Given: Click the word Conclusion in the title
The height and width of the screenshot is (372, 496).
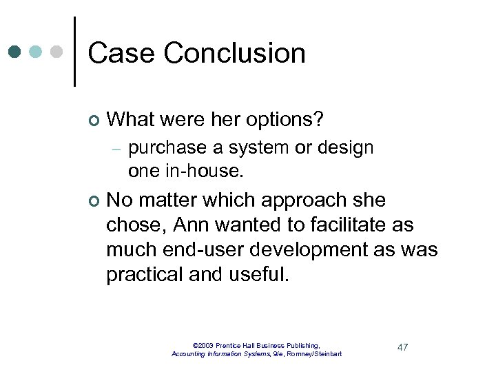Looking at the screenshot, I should point(234,53).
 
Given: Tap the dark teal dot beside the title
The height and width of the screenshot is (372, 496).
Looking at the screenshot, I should point(15,52).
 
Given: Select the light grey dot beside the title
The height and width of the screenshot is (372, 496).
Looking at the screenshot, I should point(56,52).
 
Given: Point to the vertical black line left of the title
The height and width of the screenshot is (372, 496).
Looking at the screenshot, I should point(74,52).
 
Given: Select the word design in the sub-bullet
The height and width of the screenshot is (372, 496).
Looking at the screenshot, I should point(349,148).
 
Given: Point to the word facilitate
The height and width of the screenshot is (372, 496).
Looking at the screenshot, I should point(346,225).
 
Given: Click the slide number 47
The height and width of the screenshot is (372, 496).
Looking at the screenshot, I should point(402,347).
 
